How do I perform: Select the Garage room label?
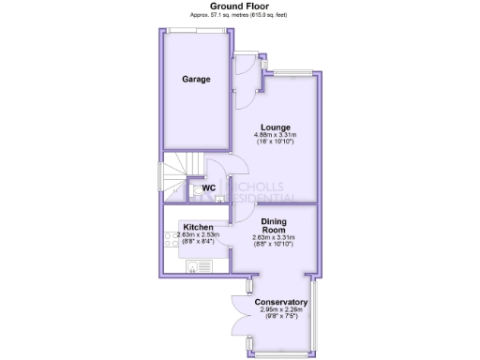click(196, 80)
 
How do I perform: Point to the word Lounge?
click(276, 127)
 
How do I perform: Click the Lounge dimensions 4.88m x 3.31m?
click(275, 135)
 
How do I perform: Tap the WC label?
click(208, 187)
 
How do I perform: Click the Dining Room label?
click(275, 225)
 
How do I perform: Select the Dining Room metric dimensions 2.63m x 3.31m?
click(275, 238)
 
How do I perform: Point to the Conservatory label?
click(281, 302)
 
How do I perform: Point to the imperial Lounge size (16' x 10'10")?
click(275, 142)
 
